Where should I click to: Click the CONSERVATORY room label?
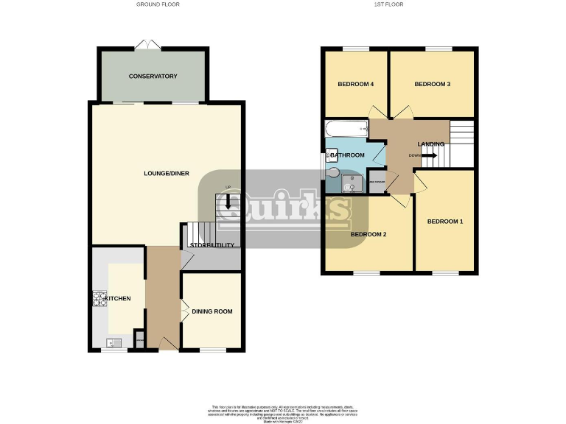pyautogui.click(x=153, y=77)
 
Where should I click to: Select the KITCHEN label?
pyautogui.click(x=117, y=298)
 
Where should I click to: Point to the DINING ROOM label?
pyautogui.click(x=212, y=311)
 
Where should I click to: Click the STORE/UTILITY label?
pyautogui.click(x=212, y=245)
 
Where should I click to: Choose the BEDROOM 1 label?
pyautogui.click(x=446, y=222)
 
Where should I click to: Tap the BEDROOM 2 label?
pyautogui.click(x=368, y=235)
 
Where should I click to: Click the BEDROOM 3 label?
pyautogui.click(x=432, y=84)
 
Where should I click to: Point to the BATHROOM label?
pyautogui.click(x=347, y=155)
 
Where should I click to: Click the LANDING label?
pyautogui.click(x=430, y=144)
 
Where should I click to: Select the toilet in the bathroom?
pyautogui.click(x=333, y=174)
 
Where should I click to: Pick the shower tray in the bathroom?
pyautogui.click(x=354, y=183)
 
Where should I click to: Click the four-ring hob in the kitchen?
pyautogui.click(x=99, y=299)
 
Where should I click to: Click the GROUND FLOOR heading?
pyautogui.click(x=158, y=4)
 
